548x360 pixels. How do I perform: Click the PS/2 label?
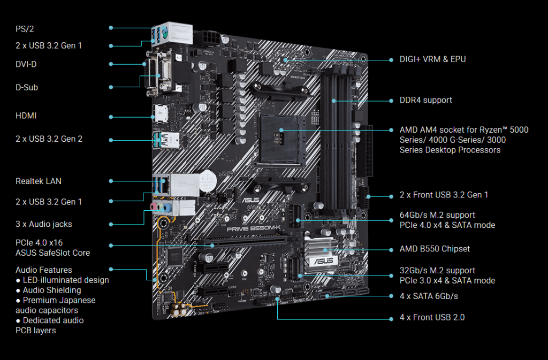[x=25, y=29]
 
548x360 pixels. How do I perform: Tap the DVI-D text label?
[x=26, y=64]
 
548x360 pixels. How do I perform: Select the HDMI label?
[x=26, y=116]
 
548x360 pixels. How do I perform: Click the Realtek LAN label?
[x=39, y=181]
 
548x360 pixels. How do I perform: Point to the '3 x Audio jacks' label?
[x=44, y=224]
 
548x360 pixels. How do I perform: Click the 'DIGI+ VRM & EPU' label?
[x=432, y=59]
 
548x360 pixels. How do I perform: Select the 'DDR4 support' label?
[x=425, y=100]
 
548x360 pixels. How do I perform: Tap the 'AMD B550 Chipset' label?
[x=435, y=249]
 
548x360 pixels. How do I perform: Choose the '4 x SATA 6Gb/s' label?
[x=429, y=296]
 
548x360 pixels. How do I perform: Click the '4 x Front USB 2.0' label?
[x=432, y=317]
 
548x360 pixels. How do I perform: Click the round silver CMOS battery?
[x=208, y=181]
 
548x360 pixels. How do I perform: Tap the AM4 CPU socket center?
[x=278, y=139]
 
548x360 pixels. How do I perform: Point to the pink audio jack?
[x=153, y=206]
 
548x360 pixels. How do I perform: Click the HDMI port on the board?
[x=160, y=114]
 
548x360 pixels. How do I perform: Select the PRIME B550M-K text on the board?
[x=254, y=229]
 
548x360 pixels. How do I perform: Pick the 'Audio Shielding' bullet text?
[x=52, y=290]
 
